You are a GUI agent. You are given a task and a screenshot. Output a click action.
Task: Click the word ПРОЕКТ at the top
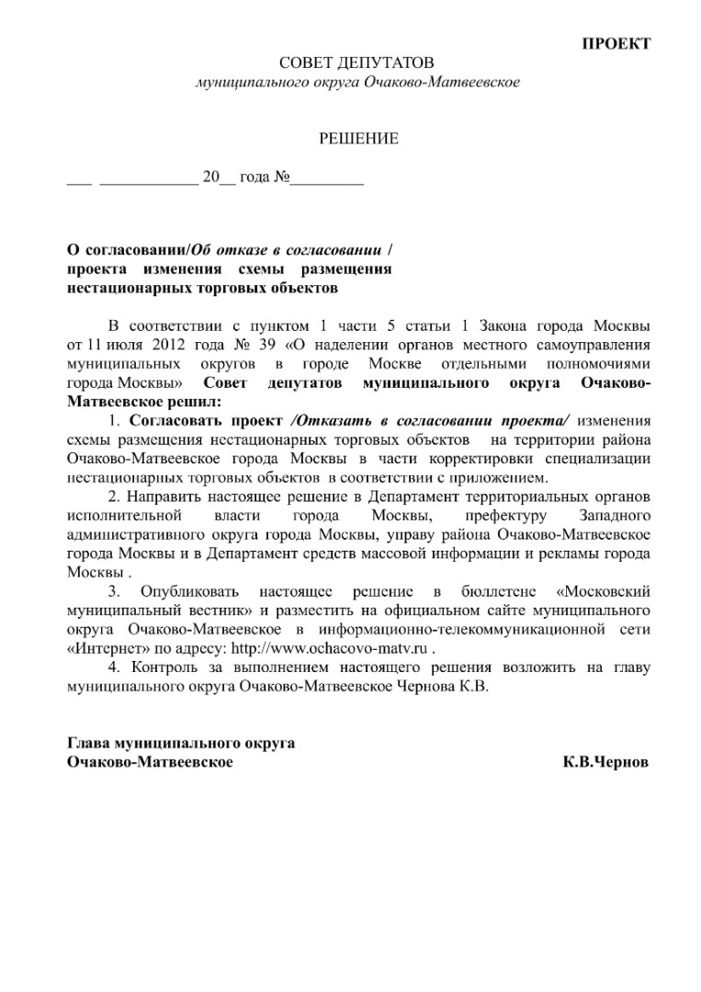(616, 43)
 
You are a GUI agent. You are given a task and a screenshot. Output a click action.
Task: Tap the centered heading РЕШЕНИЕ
(358, 139)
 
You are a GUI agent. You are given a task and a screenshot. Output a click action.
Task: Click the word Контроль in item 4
(160, 667)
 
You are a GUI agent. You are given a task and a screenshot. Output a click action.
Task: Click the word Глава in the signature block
(91, 743)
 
